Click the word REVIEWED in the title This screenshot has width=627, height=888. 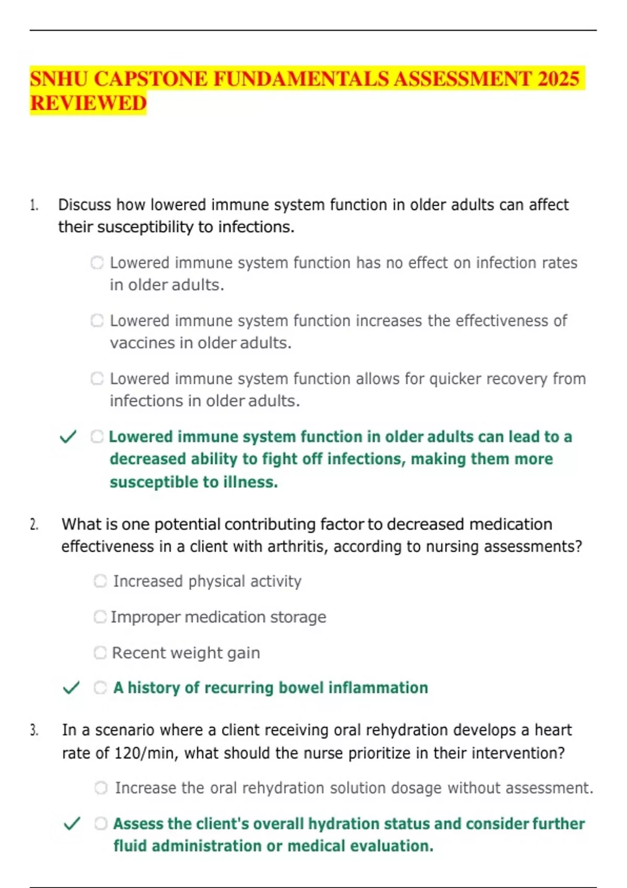click(x=88, y=103)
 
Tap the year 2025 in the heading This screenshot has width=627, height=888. click(x=558, y=79)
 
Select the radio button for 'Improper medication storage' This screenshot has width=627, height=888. click(x=100, y=617)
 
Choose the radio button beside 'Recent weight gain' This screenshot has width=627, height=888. click(x=100, y=652)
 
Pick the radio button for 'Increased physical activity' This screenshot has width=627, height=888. click(x=100, y=581)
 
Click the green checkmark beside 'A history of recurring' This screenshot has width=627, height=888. click(x=71, y=687)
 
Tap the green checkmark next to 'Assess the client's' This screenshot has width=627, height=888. click(x=72, y=824)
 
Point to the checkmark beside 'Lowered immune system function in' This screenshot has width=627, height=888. click(x=68, y=436)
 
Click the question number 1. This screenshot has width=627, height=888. click(x=34, y=205)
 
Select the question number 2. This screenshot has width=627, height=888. click(x=34, y=524)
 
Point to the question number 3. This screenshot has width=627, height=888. click(x=34, y=730)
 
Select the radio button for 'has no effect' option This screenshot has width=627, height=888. click(x=97, y=262)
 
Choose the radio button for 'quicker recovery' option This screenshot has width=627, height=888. click(x=97, y=378)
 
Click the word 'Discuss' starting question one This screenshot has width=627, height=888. click(x=84, y=205)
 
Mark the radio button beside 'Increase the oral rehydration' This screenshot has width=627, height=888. click(x=101, y=788)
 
